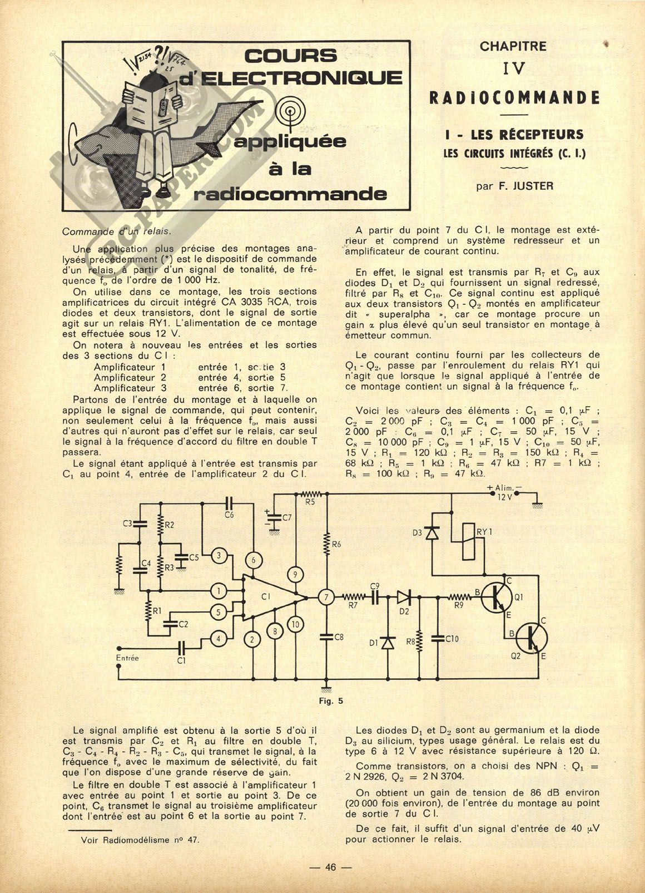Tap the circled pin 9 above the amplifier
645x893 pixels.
pyautogui.click(x=295, y=575)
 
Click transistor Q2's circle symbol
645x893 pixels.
pyautogui.click(x=531, y=638)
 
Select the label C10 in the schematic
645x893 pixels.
pyautogui.click(x=452, y=639)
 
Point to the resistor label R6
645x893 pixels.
pyautogui.click(x=336, y=544)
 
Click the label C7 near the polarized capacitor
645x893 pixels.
pyautogui.click(x=287, y=518)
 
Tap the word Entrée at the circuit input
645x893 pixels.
pyautogui.click(x=127, y=658)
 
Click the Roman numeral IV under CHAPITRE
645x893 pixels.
pyautogui.click(x=514, y=69)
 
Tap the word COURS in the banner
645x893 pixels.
pyautogui.click(x=290, y=56)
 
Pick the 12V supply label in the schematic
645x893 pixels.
pyautogui.click(x=504, y=497)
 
